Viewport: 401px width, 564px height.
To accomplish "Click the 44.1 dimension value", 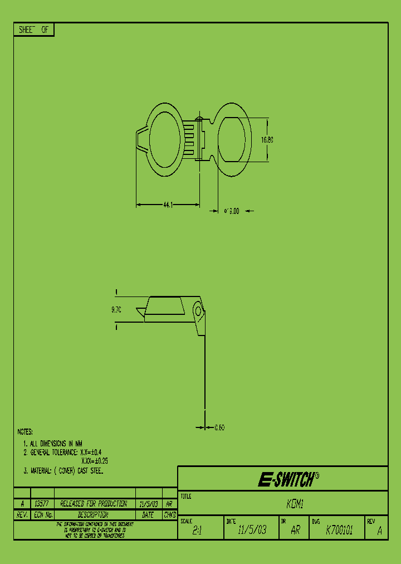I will (168, 206).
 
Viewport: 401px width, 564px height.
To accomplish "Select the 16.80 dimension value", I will (267, 140).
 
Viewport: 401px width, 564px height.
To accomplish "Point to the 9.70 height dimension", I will (116, 310).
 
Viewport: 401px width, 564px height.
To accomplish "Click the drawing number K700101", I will (339, 531).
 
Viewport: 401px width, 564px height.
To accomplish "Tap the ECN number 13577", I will (41, 503).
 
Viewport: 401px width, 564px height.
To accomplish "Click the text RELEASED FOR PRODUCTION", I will (94, 503).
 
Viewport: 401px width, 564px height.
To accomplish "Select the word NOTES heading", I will (25, 432).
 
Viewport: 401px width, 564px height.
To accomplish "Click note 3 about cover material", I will (64, 471).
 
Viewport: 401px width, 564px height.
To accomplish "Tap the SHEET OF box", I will (33, 30).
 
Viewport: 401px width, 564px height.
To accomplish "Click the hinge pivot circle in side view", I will (197, 310).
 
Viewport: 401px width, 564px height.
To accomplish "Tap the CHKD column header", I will (169, 515).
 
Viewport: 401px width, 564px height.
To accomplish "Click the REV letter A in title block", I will (379, 532).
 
